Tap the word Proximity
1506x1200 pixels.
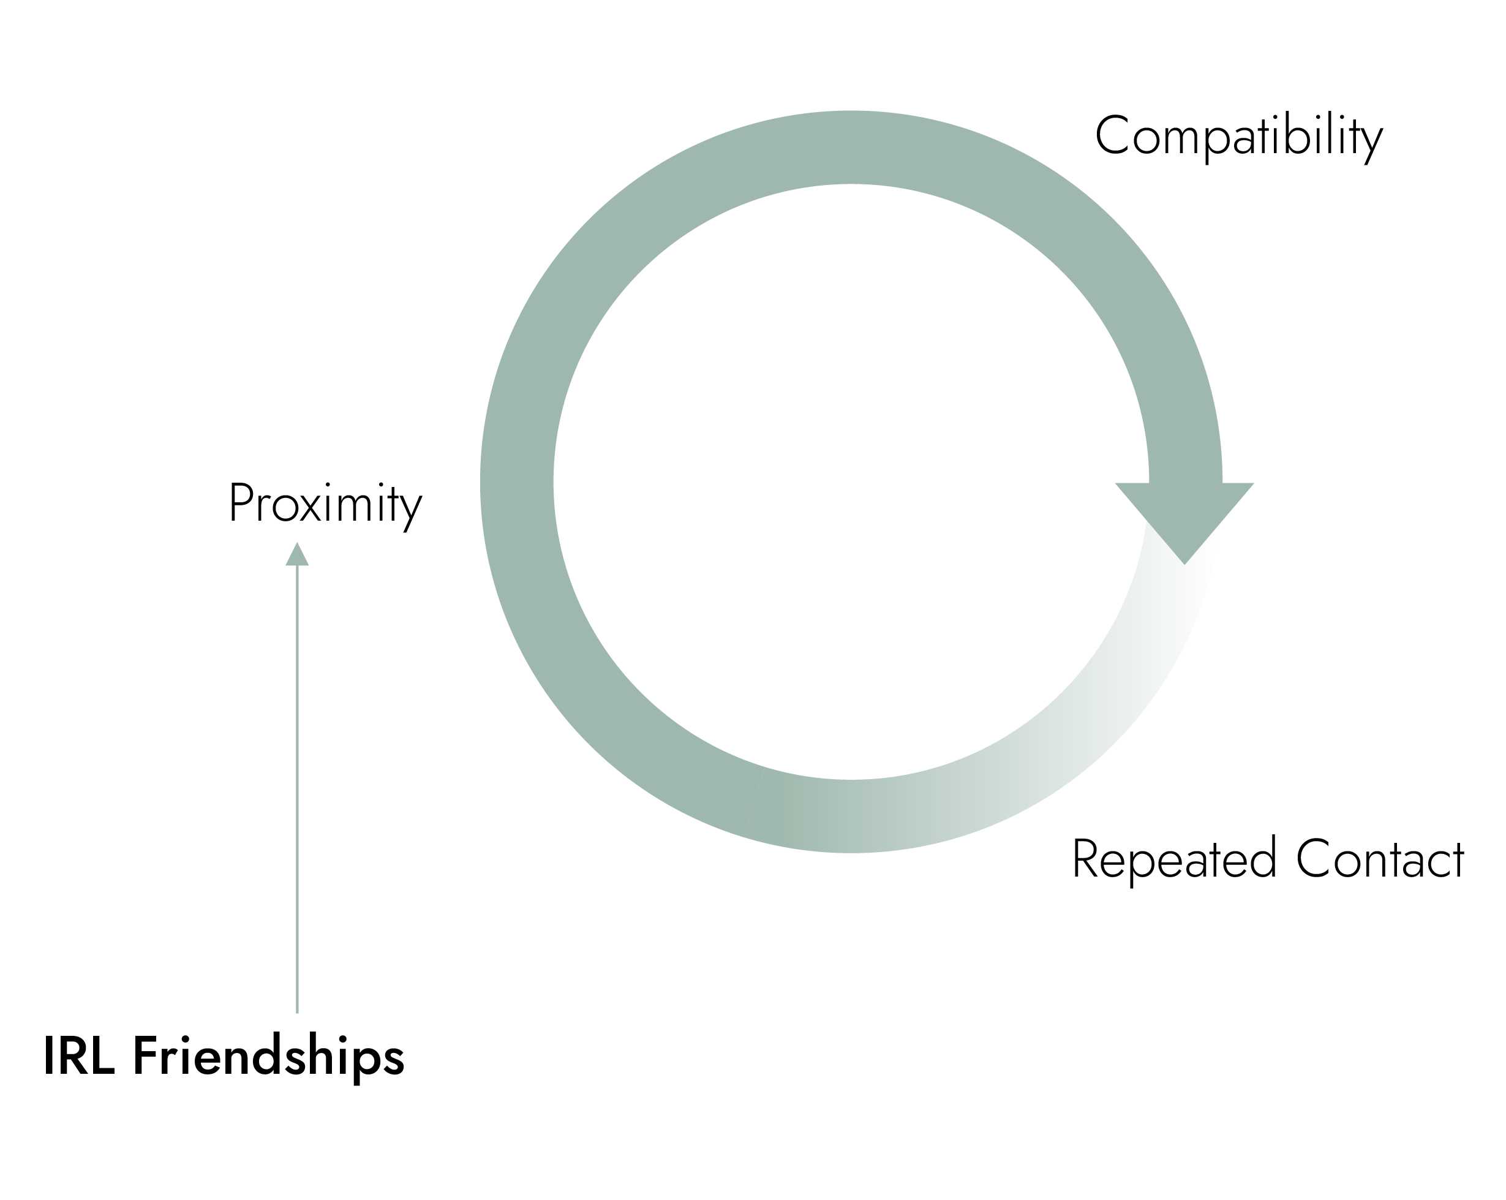click(325, 504)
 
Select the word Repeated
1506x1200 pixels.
click(1174, 860)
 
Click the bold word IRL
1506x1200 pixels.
click(79, 1056)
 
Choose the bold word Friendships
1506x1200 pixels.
click(268, 1057)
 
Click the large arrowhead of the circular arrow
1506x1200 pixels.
click(1184, 517)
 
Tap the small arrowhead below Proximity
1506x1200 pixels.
click(297, 556)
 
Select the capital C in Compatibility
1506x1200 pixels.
click(1113, 135)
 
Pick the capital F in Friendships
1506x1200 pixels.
click(145, 1056)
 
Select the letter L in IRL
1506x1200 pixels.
click(104, 1056)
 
